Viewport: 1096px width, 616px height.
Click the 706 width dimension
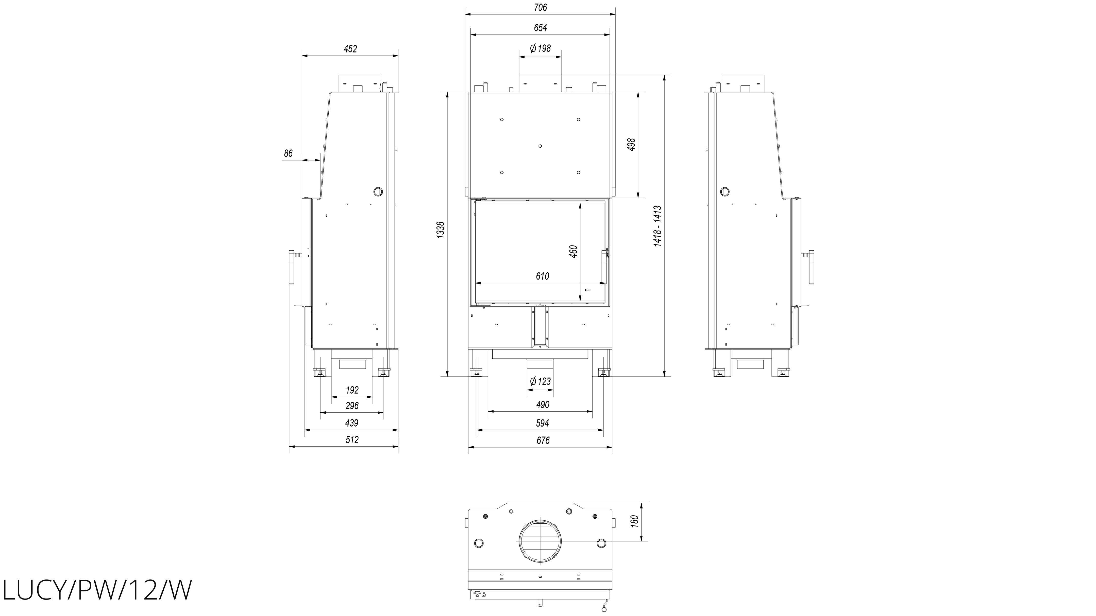point(540,7)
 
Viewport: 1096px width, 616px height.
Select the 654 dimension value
point(540,28)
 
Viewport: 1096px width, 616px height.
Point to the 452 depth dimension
point(350,49)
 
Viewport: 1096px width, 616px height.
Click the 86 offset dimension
point(289,153)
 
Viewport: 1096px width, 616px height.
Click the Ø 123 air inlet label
point(540,381)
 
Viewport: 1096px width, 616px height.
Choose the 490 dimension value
point(543,405)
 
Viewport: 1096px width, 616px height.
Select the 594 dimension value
point(543,423)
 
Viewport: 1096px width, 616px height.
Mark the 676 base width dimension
point(543,441)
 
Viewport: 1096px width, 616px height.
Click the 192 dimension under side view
point(352,390)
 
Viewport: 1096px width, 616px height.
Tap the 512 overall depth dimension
point(352,439)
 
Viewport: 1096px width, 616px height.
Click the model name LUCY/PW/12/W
point(97,590)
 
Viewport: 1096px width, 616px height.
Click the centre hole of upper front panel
point(540,146)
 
